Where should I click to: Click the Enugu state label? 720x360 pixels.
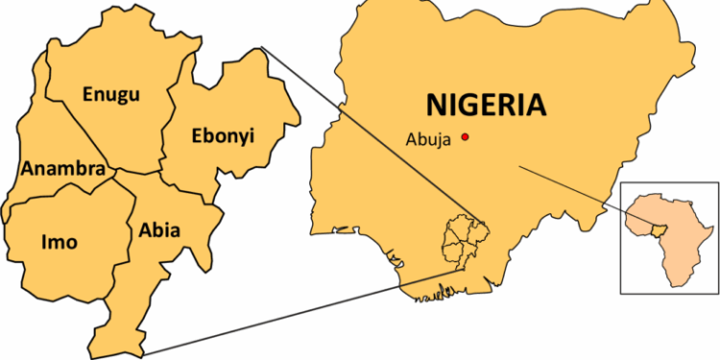[111, 94]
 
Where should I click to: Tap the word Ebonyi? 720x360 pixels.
[222, 134]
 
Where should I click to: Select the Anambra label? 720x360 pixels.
[62, 169]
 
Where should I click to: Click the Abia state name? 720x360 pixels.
[159, 230]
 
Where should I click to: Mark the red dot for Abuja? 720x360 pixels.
[466, 136]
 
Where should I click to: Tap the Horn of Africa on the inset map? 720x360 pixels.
[711, 227]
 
